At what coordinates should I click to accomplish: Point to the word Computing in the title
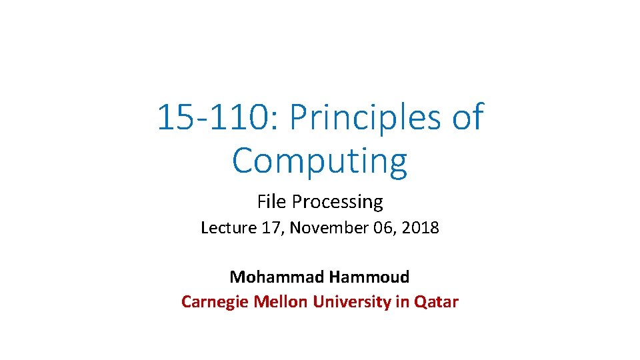pos(319,161)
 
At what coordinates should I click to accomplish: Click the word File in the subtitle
pos(271,201)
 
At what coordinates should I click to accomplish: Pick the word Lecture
pos(229,228)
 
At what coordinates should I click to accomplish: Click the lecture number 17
pos(269,228)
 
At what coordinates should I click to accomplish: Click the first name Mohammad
pos(275,277)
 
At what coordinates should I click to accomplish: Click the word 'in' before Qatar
pos(402,302)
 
